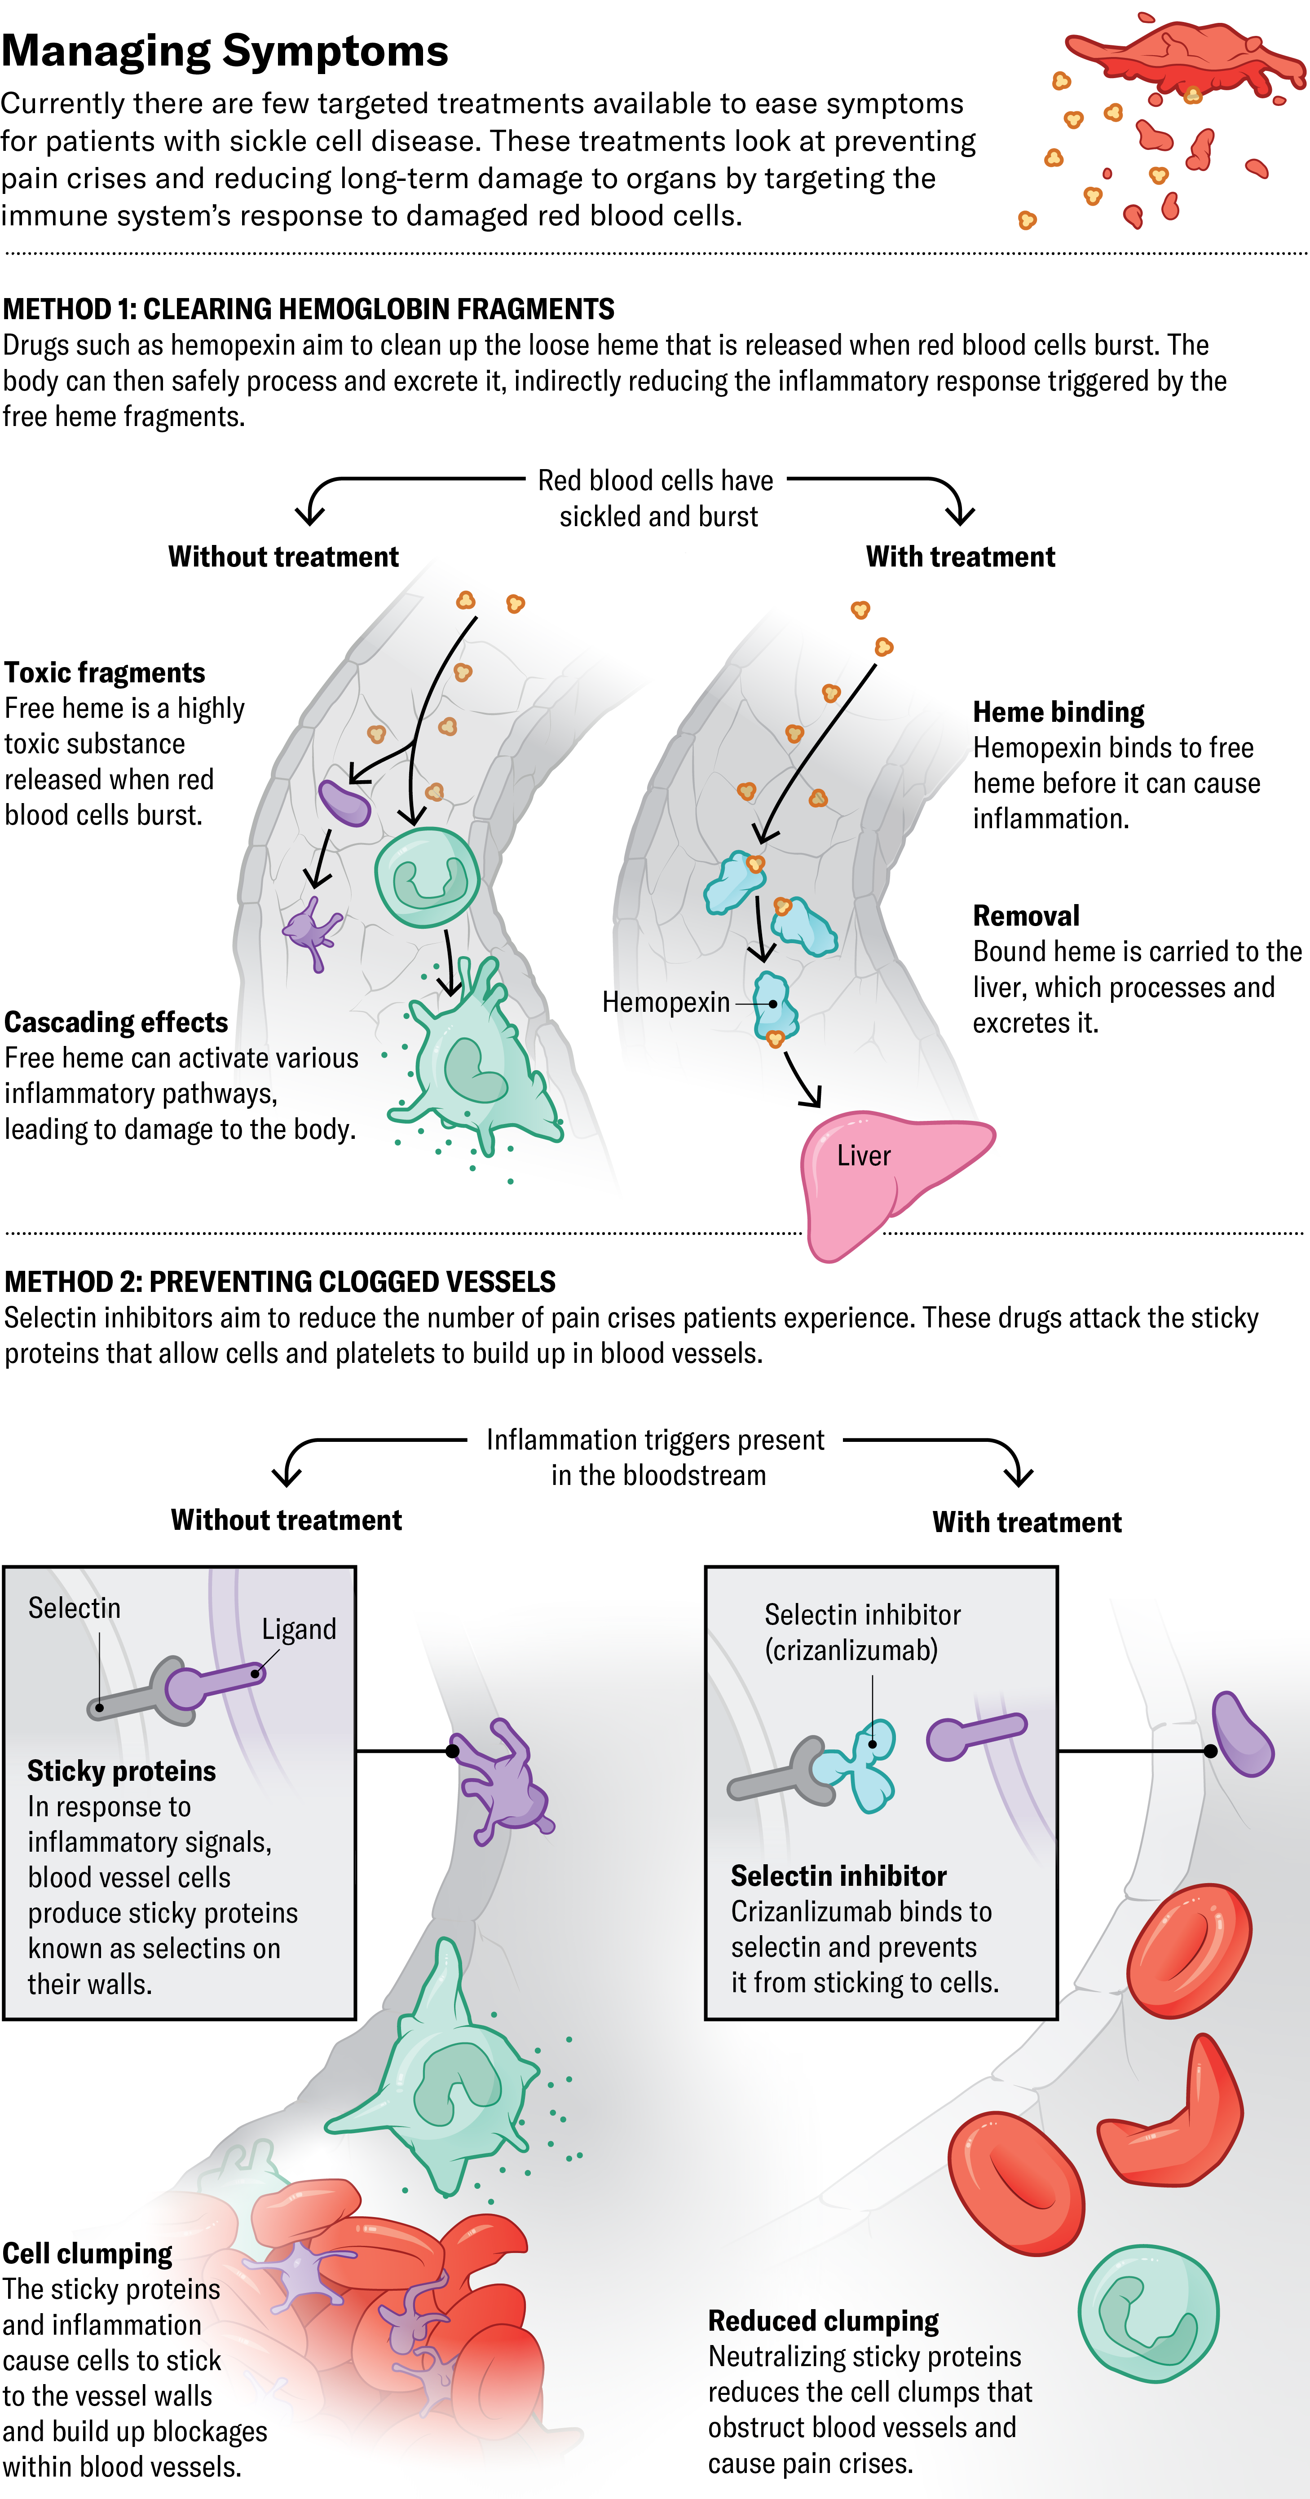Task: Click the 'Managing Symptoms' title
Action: (225, 50)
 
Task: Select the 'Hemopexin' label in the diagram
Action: (666, 1002)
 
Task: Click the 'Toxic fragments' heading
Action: (105, 672)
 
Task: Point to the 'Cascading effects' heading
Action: (116, 1022)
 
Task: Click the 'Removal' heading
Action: (1026, 916)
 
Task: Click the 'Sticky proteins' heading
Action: (121, 1770)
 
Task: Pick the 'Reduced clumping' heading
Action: (823, 2320)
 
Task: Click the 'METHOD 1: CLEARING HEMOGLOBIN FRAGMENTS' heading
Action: (309, 309)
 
